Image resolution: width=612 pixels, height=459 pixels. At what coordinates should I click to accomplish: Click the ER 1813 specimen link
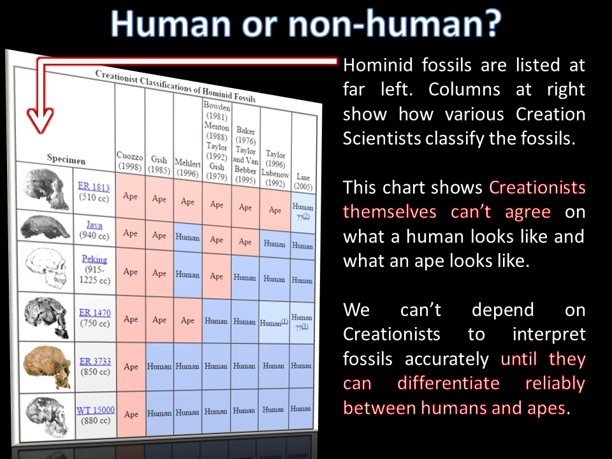(94, 186)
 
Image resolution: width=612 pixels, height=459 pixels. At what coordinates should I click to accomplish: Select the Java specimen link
(94, 225)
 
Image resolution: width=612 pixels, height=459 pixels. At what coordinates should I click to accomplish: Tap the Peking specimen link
(94, 259)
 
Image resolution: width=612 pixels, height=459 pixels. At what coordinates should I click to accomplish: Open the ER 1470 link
(95, 312)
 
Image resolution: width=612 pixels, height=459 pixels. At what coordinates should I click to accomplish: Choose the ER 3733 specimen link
(95, 361)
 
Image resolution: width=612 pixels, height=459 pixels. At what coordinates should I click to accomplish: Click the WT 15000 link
(96, 410)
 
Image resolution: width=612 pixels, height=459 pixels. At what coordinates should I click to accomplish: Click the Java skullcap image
(45, 227)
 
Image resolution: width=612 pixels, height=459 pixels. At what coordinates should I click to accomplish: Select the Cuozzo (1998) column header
(130, 161)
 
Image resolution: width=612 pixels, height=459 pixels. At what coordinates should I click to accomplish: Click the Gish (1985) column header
(159, 164)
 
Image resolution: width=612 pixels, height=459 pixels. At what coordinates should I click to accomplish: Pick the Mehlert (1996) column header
(187, 168)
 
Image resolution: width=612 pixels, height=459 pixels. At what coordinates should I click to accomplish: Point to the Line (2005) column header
(303, 182)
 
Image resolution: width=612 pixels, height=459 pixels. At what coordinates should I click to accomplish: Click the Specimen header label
(66, 159)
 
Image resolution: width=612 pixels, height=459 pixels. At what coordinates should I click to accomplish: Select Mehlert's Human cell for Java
(187, 238)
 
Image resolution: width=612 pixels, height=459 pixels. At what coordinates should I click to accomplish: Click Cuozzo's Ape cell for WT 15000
(131, 414)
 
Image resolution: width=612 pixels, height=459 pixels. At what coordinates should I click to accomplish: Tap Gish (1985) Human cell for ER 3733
(159, 367)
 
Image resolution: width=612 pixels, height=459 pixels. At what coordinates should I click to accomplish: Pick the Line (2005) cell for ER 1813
(303, 211)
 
